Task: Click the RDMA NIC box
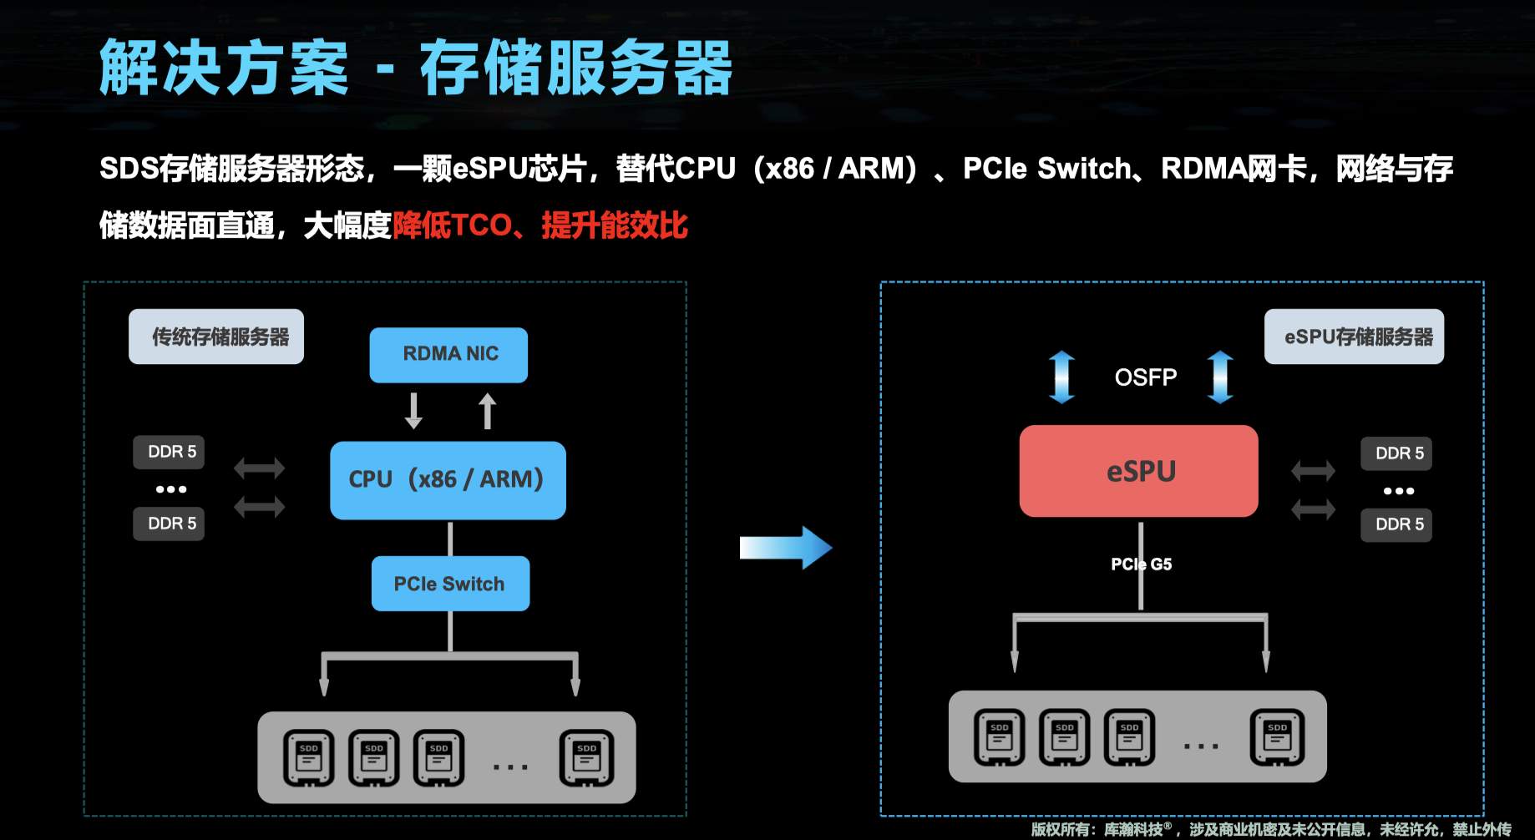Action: click(x=448, y=355)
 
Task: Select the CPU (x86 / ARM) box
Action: click(x=448, y=480)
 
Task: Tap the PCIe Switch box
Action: click(x=450, y=584)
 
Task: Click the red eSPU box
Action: click(x=1138, y=471)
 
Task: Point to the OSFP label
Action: click(x=1145, y=377)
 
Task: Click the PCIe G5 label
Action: click(x=1141, y=564)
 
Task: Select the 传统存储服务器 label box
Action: click(x=216, y=337)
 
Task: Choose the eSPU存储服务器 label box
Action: click(x=1354, y=337)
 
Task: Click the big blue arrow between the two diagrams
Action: click(x=785, y=548)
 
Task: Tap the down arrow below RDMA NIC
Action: click(x=413, y=411)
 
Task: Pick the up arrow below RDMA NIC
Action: click(x=488, y=411)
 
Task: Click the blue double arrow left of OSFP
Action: click(x=1061, y=377)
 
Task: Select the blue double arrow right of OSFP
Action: click(x=1220, y=377)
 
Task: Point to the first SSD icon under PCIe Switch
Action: click(x=309, y=758)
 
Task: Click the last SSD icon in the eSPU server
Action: click(x=1277, y=737)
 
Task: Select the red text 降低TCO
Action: click(x=452, y=225)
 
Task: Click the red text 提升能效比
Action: click(x=615, y=225)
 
